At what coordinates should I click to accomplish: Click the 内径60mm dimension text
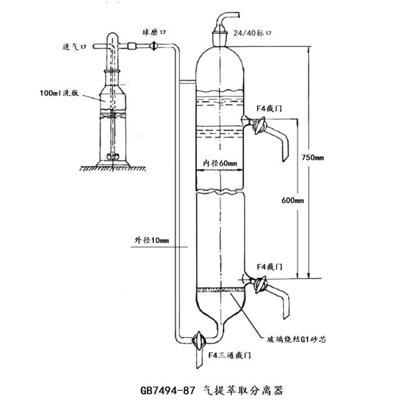pos(220,163)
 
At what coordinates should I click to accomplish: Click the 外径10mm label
pos(152,240)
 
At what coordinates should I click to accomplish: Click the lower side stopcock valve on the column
pos(257,285)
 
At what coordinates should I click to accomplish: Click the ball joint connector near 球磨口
pos(155,48)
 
